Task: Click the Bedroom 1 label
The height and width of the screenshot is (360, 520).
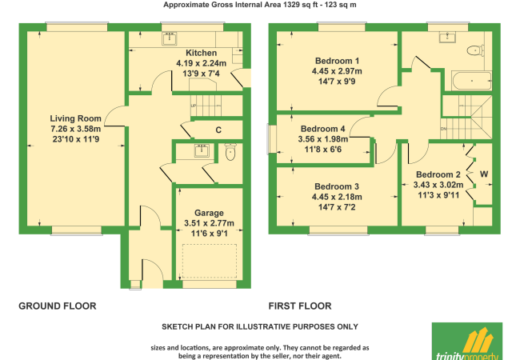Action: click(335, 61)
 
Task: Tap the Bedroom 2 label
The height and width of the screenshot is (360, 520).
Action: click(438, 175)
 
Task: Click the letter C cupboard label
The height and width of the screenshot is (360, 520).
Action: click(218, 130)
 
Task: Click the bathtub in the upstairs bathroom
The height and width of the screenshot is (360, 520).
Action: click(471, 80)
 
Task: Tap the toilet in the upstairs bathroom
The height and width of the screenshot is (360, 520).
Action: click(477, 50)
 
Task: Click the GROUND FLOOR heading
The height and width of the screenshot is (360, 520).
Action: click(58, 306)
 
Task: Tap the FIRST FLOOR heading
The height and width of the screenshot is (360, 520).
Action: click(300, 306)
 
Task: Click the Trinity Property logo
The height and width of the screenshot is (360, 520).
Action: click(468, 341)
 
